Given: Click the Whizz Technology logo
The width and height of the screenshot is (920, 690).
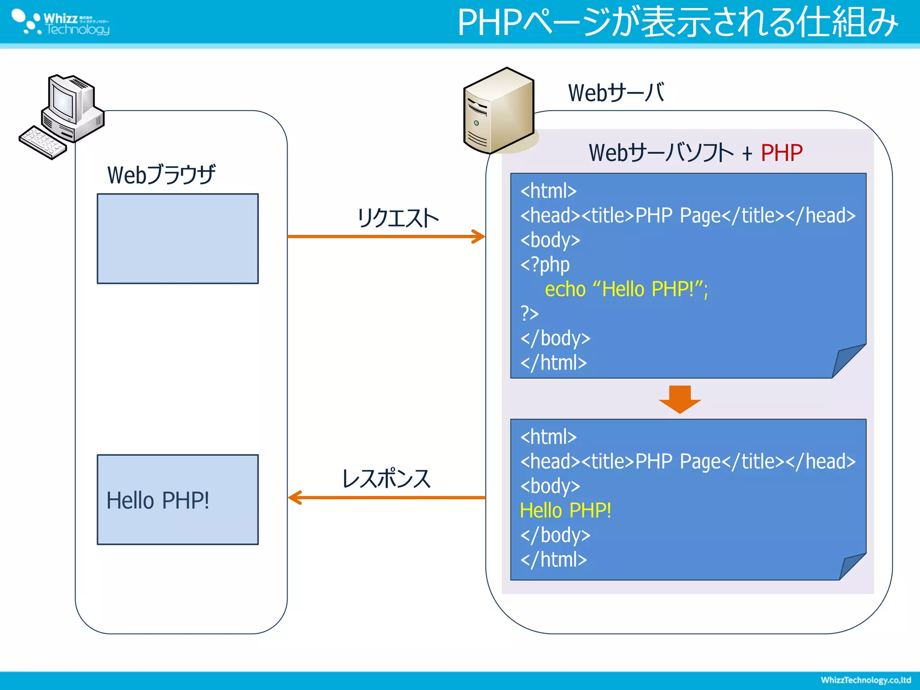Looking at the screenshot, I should click(61, 22).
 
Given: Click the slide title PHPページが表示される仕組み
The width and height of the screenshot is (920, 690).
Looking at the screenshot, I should click(677, 22).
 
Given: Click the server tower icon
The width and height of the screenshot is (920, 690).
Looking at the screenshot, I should click(499, 111).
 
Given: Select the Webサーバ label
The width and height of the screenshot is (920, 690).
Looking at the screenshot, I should click(615, 93).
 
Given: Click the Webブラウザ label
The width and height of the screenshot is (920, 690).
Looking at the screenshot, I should click(161, 175).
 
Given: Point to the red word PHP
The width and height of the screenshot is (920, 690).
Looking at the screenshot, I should click(781, 153).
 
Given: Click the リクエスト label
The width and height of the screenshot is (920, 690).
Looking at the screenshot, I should click(398, 218).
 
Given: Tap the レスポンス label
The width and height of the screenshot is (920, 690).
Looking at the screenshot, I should click(386, 479).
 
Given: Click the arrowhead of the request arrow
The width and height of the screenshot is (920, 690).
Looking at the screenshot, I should click(480, 236).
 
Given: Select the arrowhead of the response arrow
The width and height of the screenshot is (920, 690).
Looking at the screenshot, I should click(294, 497).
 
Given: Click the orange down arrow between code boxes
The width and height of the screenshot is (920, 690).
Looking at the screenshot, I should click(680, 399).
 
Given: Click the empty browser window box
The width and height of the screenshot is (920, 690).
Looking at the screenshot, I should click(177, 239).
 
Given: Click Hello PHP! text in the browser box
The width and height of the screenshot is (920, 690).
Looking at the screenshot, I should click(158, 500).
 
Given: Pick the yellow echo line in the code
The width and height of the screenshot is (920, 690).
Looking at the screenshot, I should click(626, 289).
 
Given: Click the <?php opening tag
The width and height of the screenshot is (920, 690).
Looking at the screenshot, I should click(545, 265).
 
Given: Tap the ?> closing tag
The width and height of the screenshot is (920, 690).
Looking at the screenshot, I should click(529, 313).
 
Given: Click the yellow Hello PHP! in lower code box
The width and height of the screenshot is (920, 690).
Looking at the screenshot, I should click(565, 511).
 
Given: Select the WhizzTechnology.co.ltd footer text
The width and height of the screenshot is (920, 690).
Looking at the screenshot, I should click(865, 680).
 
